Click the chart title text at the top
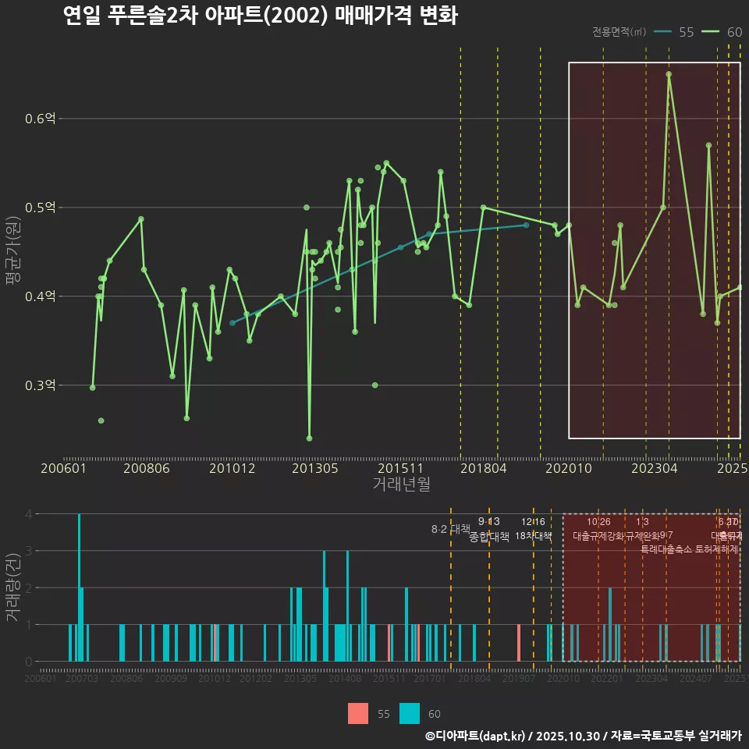coord(260,16)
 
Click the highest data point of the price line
coord(669,74)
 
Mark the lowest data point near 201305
coord(310,438)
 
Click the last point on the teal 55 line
coord(526,225)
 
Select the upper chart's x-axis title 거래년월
coord(401,485)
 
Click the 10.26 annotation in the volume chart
coord(598,522)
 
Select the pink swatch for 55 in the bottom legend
coord(358,713)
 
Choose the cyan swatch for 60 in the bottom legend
coord(410,713)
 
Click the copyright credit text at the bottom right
coord(583,736)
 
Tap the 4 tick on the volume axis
coord(28,514)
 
